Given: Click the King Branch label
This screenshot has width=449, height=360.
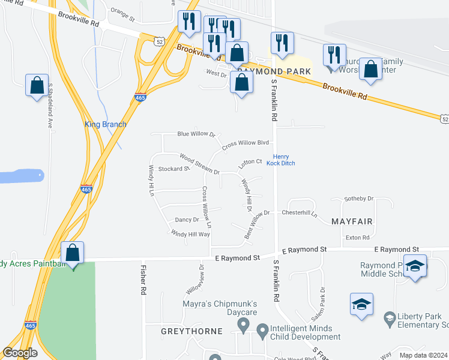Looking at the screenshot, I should pos(105,125).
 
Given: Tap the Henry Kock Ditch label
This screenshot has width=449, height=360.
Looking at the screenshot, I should pos(281,160).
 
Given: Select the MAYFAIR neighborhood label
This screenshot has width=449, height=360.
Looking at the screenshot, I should pos(352,221).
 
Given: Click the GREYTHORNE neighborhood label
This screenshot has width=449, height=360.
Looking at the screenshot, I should pos(191,331).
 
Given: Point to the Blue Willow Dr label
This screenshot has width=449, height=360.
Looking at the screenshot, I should pos(196,134).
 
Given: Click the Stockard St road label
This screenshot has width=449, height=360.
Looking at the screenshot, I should pos(174,169).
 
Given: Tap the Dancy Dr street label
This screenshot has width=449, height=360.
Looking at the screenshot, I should pos(187,220).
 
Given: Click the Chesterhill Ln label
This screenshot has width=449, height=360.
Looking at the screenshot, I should pos(298,213).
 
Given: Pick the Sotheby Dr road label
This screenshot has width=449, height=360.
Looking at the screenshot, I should pos(359,198).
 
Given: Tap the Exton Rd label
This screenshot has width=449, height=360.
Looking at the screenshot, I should pos(358,238).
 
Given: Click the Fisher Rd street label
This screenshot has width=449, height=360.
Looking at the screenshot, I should pos(143,280).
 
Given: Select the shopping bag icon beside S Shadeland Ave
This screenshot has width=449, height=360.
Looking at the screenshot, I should pos(37,85).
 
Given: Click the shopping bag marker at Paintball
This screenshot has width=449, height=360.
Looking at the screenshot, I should pos(72,254).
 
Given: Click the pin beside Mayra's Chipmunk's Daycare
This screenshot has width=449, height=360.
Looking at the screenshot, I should pos(243,326).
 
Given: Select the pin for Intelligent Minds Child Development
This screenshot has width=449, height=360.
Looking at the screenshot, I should pos(262,331).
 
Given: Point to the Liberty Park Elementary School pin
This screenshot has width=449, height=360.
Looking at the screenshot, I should pos(389,317).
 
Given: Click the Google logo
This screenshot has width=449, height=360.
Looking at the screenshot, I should pos(20,353).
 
